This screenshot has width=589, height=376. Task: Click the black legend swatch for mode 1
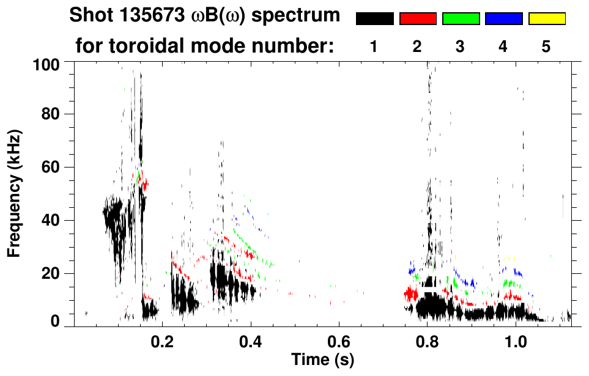(374, 19)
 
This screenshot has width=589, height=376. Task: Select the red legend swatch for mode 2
(418, 19)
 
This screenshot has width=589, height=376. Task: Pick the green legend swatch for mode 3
(461, 19)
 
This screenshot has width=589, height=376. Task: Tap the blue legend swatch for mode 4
(503, 19)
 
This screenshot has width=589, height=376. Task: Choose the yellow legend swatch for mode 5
(547, 19)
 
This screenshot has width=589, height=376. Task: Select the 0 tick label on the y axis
(60, 321)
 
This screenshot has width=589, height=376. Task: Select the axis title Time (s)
(322, 359)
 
